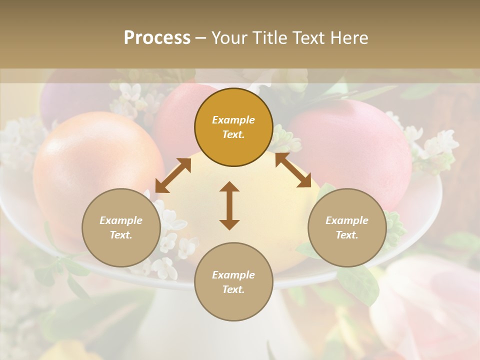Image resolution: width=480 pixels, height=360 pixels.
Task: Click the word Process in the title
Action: point(157,38)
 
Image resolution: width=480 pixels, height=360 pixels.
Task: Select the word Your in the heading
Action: point(228,38)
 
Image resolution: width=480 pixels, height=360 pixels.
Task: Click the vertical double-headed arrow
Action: point(229,205)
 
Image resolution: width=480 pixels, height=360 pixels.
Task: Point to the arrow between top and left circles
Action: point(173,175)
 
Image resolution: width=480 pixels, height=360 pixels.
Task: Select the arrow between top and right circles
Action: point(293,170)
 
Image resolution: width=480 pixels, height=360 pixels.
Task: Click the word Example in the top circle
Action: point(233,120)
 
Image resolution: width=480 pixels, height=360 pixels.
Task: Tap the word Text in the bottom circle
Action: point(233,289)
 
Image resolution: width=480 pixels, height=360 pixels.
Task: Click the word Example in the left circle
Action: point(121,220)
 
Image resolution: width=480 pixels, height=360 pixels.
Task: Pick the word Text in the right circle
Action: point(346,235)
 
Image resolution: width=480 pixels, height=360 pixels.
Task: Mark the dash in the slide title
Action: point(201,38)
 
